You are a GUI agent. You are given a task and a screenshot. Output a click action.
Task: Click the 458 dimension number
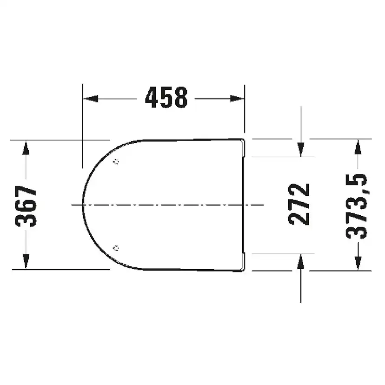point(166,98)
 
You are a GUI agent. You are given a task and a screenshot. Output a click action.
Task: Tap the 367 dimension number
point(26,206)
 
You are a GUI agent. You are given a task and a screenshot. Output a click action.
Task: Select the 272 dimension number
point(299,204)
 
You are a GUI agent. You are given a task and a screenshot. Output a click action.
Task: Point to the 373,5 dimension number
point(356,206)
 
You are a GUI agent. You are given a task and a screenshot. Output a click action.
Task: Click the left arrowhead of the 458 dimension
point(91,99)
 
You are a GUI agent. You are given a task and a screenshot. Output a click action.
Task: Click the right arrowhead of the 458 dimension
point(237,99)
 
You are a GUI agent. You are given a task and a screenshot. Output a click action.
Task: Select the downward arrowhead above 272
point(301,150)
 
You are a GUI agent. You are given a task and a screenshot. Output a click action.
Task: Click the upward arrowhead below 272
point(301,261)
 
